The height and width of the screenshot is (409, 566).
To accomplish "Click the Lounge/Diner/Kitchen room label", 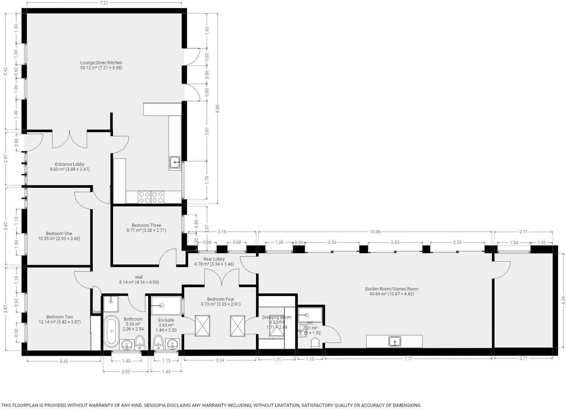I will point(101,63).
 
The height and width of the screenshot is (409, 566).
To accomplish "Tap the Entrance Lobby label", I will point(70,164).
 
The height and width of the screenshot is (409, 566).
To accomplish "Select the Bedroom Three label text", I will point(146,225).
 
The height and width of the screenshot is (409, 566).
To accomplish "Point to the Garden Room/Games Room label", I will point(391,289).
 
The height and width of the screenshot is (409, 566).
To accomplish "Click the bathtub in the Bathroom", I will point(112,331).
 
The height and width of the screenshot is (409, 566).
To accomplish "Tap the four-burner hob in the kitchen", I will point(151,197).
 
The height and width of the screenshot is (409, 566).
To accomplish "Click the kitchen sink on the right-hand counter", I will point(175,163).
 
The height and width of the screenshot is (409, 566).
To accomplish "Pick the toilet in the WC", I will point(315,343).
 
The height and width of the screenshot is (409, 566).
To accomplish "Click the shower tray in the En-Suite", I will point(166,306).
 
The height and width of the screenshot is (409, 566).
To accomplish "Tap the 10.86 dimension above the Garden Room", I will point(375,232).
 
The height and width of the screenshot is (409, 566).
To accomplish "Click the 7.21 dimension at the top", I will point(104,3).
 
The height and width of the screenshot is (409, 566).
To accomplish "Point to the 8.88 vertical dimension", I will point(218,108).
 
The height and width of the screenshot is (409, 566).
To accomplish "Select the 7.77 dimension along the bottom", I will point(408,359).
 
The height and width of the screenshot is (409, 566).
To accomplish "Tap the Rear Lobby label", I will point(214,259).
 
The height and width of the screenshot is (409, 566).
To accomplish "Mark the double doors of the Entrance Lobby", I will point(70,140).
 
